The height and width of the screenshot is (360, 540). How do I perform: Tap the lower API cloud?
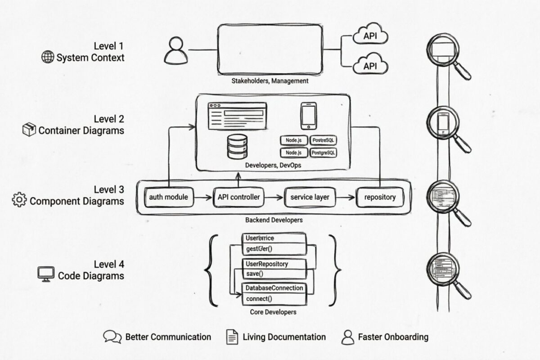[x=370, y=66]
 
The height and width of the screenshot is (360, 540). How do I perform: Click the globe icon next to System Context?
[x=47, y=57]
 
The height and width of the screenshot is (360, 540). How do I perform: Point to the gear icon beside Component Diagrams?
[x=19, y=200]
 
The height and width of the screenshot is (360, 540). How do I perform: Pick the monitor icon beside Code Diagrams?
[x=45, y=274]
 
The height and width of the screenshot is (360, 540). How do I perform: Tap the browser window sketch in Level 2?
[x=237, y=116]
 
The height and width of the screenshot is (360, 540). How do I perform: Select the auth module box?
[x=169, y=197]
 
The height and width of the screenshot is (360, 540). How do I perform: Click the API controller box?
[x=238, y=197]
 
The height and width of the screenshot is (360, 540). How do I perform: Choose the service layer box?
[x=310, y=197]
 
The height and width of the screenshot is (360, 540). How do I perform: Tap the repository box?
[x=380, y=197]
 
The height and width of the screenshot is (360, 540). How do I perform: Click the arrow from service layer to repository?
[x=345, y=197]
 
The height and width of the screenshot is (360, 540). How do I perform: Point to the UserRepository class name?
[x=267, y=264]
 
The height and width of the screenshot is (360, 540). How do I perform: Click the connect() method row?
[x=260, y=298]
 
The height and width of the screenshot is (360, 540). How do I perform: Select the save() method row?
[x=255, y=274]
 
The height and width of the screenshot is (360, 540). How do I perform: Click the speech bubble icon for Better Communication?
[x=112, y=337]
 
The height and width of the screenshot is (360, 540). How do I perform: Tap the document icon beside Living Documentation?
[x=232, y=337]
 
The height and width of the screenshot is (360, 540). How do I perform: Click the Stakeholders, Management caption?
[x=270, y=81]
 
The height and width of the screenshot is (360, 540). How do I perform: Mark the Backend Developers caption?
[x=274, y=220]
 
